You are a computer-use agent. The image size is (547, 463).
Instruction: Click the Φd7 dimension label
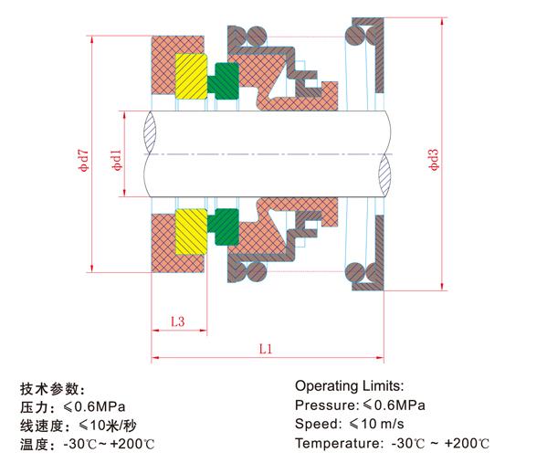pos(83,161)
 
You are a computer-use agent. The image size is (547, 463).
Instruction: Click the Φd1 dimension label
pos(117,160)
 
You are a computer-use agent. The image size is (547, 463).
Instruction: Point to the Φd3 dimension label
pos(434,160)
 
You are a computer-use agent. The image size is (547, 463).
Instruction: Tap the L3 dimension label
pos(177,321)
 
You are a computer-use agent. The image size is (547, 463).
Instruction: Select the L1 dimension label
pos(266,349)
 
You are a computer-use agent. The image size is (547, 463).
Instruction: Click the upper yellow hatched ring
pos(191,76)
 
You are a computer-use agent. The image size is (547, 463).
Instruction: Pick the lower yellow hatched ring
pos(191,231)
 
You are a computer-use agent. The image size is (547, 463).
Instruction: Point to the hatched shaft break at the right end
pos(384,175)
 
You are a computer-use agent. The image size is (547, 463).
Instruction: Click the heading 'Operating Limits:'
pos(349,386)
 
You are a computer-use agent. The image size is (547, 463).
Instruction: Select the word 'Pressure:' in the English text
pos(327,405)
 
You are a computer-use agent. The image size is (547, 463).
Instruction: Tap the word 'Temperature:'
pos(339,444)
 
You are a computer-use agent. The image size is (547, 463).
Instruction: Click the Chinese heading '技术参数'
pos(49,389)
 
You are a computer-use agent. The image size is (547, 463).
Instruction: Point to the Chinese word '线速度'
pos(41,426)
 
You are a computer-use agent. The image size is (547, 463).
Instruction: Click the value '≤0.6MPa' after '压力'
pos(95,406)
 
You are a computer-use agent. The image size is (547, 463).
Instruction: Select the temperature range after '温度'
pos(109,444)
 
